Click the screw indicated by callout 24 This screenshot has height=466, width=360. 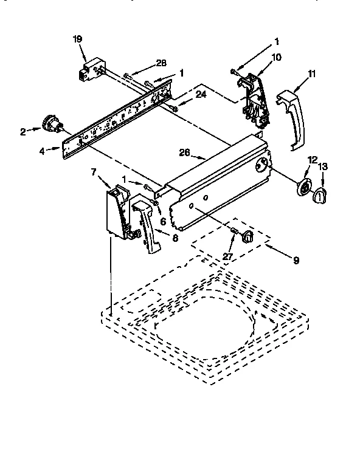(174, 108)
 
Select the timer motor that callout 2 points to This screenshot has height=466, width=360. (51, 125)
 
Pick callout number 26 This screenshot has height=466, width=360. (185, 153)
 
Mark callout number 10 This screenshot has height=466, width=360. (275, 57)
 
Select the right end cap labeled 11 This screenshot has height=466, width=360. (291, 118)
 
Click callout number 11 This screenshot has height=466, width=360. (312, 74)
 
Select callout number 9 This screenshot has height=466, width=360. (296, 261)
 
